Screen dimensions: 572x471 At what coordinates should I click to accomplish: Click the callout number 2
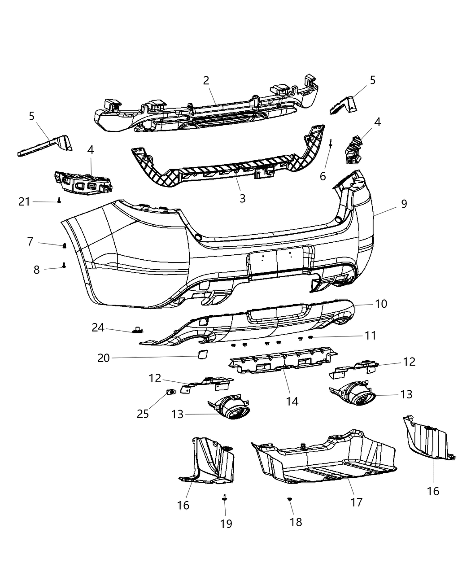[206, 81]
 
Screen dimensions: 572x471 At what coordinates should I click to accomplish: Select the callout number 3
[242, 198]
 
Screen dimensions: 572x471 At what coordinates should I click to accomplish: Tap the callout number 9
[404, 204]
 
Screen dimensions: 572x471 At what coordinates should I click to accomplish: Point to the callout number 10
[381, 304]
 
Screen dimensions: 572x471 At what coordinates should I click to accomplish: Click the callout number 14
[292, 401]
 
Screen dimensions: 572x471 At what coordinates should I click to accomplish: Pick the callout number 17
[356, 502]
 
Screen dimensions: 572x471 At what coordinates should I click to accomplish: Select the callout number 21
[24, 202]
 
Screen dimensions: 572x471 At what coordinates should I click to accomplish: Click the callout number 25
[143, 413]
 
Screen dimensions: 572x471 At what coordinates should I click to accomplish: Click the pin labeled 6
[331, 144]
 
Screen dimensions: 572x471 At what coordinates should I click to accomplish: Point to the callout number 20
[104, 358]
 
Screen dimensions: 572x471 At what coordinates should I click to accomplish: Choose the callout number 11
[370, 336]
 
